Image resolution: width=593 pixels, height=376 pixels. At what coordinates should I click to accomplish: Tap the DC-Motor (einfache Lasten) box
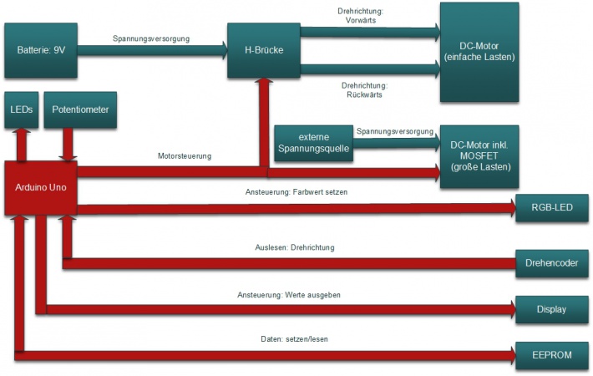[479, 51]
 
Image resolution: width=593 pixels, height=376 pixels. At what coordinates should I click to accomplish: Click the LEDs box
[20, 109]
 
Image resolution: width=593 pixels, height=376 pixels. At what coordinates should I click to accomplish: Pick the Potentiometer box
[79, 109]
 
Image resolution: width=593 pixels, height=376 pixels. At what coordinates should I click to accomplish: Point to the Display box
[551, 309]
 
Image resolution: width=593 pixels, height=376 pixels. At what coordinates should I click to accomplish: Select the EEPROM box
[551, 354]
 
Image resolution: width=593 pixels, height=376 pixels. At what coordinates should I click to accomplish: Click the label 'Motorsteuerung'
[185, 156]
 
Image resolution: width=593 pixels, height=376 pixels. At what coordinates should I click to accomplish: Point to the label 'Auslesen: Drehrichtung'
[295, 247]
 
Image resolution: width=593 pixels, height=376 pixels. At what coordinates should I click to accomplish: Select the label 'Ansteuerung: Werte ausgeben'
[289, 295]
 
